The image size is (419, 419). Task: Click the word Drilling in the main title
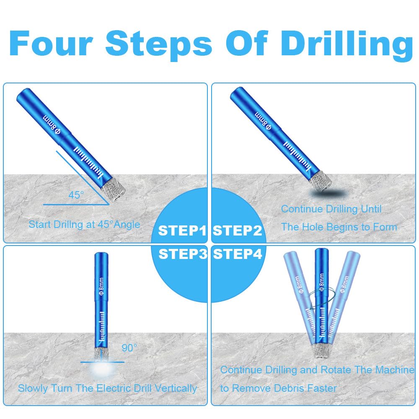(347, 44)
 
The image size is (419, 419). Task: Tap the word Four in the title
(51, 43)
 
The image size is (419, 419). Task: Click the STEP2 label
(237, 230)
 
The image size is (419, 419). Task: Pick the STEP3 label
(183, 254)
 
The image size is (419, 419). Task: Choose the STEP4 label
(238, 254)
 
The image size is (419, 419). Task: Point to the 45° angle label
(76, 195)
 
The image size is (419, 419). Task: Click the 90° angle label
(129, 348)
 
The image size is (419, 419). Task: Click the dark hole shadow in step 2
(328, 193)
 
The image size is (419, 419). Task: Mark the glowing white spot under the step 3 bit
(101, 369)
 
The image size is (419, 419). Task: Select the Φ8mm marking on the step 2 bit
(263, 121)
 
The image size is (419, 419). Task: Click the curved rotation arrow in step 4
(322, 297)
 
